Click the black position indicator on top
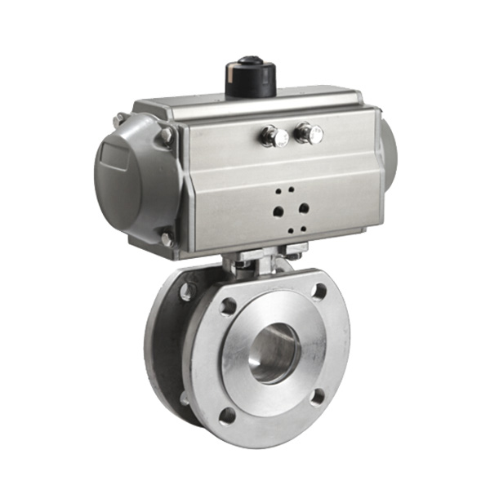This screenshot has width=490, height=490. (250, 75)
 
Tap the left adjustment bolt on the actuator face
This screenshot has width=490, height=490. (270, 136)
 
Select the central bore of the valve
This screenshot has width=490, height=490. (274, 352)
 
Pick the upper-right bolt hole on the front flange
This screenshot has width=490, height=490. (319, 291)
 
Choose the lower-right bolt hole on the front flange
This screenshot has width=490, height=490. (318, 396)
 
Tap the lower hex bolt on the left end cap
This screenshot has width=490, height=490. (167, 238)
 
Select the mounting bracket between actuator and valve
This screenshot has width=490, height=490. (260, 263)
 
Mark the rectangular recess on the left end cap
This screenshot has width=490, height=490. (112, 160)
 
